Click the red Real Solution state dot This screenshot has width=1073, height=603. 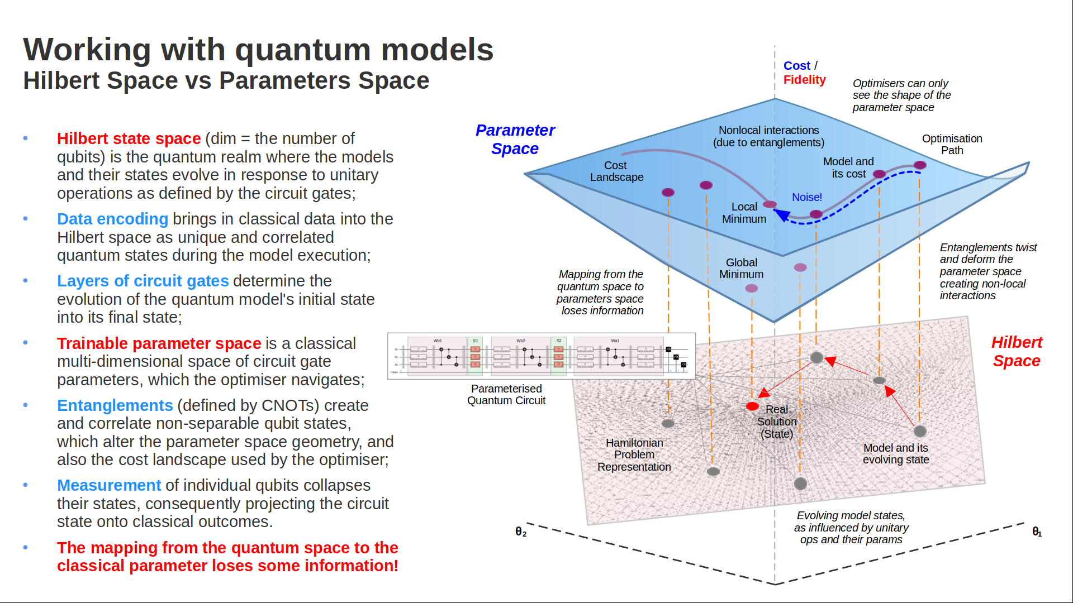click(752, 406)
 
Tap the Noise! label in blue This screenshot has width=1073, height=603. click(806, 197)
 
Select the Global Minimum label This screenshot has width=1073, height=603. click(741, 269)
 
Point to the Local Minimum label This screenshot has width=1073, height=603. click(744, 213)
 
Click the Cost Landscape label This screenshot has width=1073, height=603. click(616, 171)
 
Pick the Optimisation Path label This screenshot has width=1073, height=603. click(952, 144)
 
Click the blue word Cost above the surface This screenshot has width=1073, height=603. click(796, 66)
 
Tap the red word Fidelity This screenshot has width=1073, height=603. click(804, 80)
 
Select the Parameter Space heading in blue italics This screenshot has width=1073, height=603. click(515, 139)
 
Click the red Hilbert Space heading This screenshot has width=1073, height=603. click(1017, 351)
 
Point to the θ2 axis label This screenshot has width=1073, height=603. click(520, 532)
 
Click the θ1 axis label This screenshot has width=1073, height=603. click(1037, 532)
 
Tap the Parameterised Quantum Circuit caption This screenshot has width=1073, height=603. click(506, 394)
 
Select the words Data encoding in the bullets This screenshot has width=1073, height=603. click(112, 219)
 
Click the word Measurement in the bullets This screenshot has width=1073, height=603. click(109, 485)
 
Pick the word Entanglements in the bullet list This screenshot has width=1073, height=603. click(115, 405)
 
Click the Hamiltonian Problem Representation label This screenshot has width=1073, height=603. click(634, 454)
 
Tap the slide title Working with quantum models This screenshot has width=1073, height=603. click(258, 49)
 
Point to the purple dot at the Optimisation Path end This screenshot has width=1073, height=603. click(920, 165)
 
